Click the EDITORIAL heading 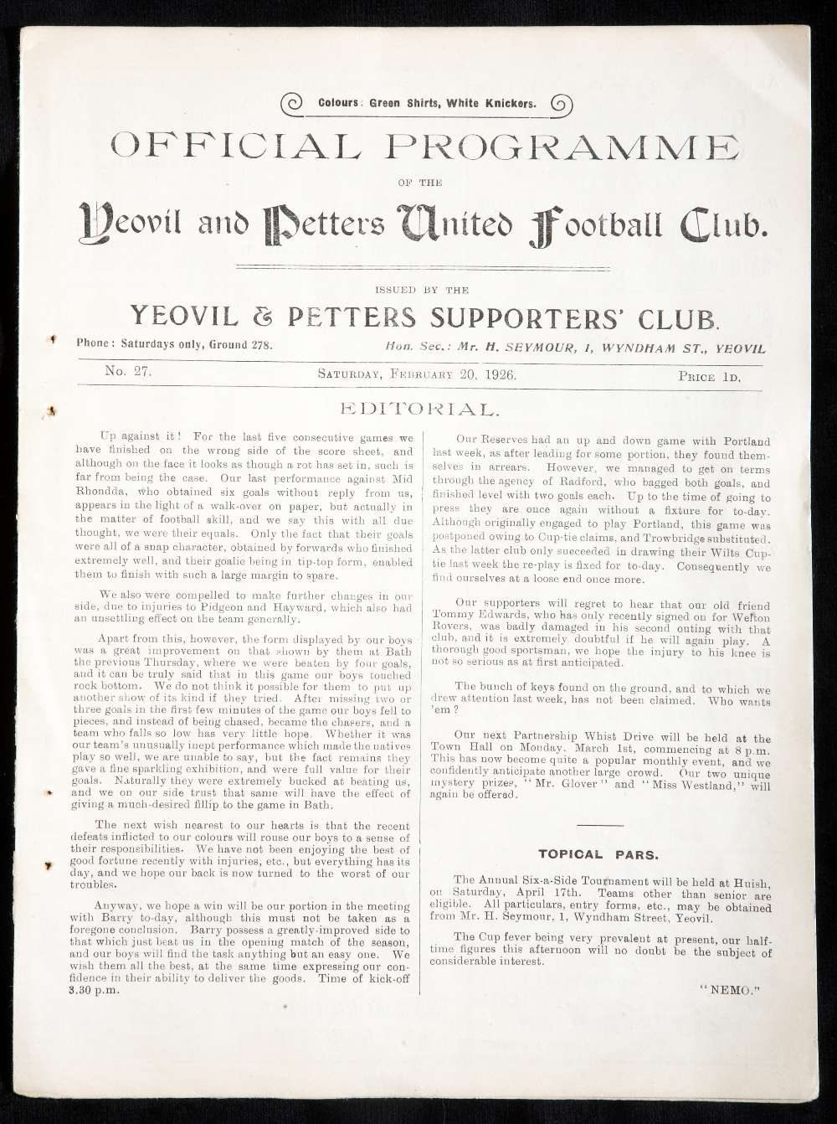418,409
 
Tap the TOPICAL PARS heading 598,854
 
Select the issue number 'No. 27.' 128,372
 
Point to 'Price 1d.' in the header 709,376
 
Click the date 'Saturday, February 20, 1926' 416,374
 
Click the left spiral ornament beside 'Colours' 294,103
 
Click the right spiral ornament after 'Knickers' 561,104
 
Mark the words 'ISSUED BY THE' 422,290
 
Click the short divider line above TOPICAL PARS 600,825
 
